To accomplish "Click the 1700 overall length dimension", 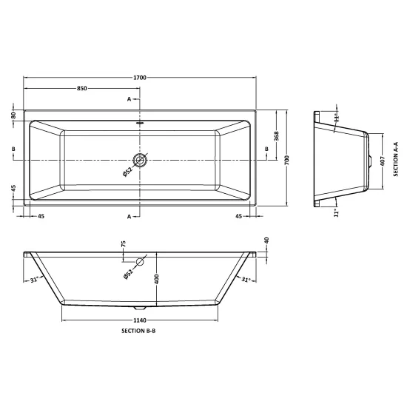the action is click(x=140, y=78).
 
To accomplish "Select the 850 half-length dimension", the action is click(x=81, y=89).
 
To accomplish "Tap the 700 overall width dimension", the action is click(x=286, y=160).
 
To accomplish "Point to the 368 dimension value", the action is click(x=276, y=136).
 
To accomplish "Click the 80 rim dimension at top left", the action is click(x=13, y=115).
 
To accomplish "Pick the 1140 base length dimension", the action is click(x=140, y=320).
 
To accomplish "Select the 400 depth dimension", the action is click(x=156, y=279).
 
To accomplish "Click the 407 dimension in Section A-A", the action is click(x=383, y=161).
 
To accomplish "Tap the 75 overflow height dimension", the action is click(x=124, y=243).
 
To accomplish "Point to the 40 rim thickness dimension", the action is click(x=266, y=240).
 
